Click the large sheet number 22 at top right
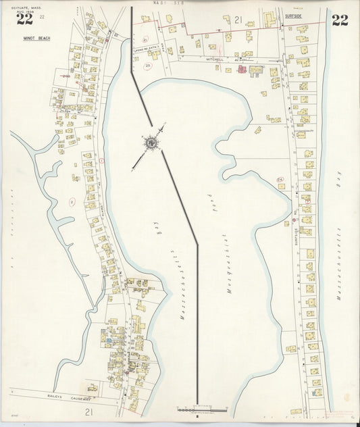[x=340, y=20]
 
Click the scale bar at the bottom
[x=203, y=409]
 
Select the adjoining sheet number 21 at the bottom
[x=88, y=411]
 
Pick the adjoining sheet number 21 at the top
[x=238, y=20]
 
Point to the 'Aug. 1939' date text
[x=25, y=11]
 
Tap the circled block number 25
[x=147, y=65]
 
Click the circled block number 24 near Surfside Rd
[x=280, y=179]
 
